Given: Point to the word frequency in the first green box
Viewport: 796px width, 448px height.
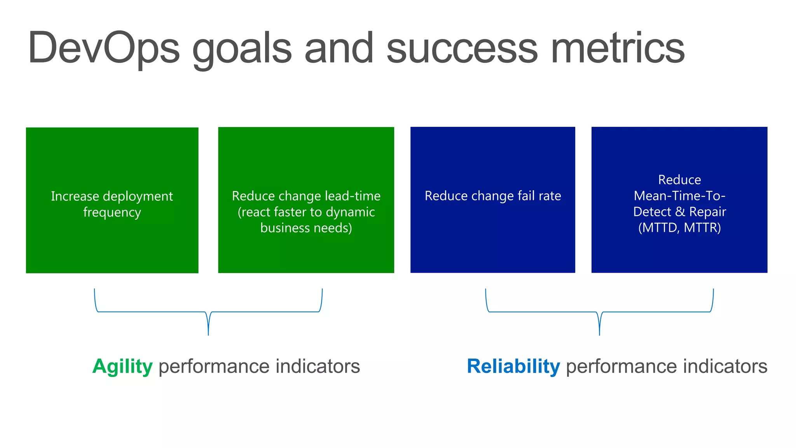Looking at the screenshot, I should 112,212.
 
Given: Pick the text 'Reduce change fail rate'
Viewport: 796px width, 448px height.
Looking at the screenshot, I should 492,196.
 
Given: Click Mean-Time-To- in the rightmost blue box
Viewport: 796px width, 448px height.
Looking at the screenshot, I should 679,196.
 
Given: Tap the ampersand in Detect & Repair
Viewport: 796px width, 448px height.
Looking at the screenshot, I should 680,212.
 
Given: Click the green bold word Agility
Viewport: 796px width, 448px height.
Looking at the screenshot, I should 122,366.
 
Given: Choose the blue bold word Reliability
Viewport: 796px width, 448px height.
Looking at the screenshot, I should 513,366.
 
